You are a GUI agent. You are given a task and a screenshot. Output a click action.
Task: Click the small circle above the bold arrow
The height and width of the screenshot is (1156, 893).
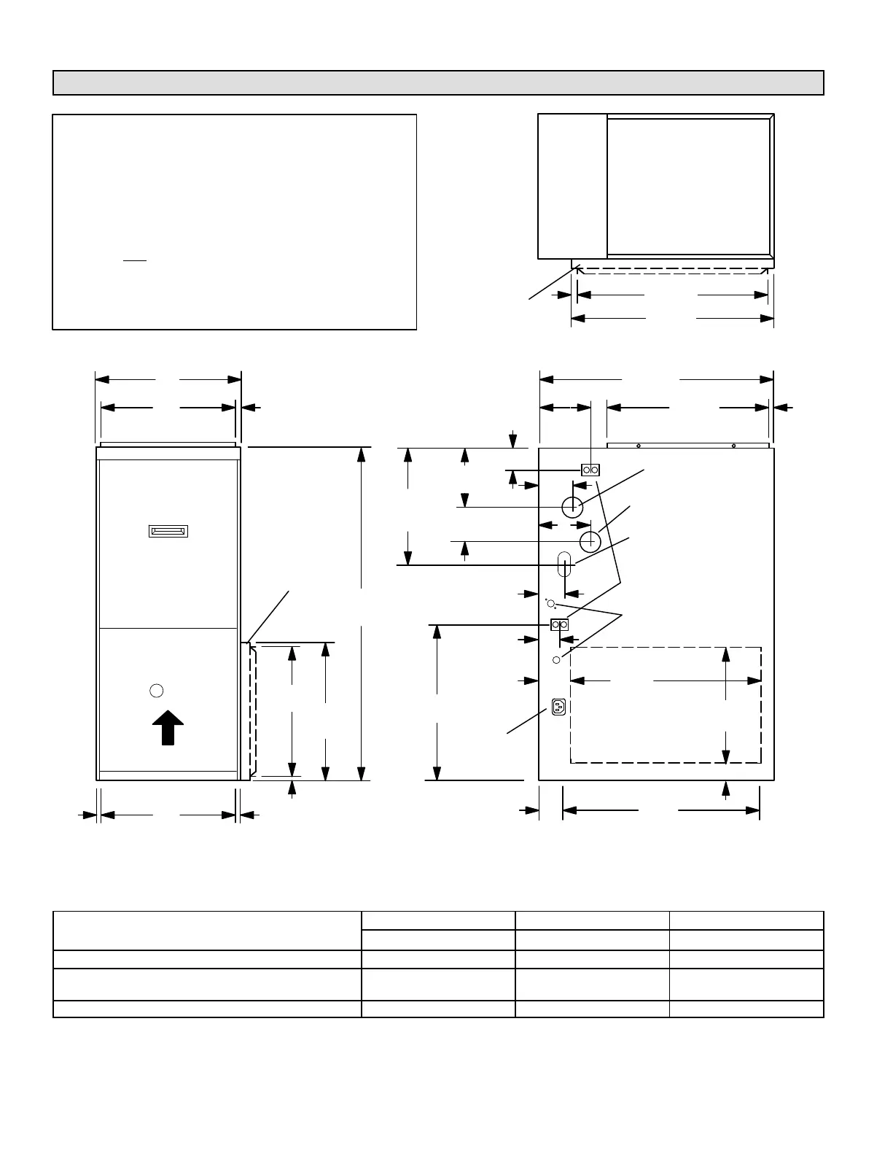coord(156,690)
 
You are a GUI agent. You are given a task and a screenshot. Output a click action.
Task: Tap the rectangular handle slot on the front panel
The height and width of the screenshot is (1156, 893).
coord(168,531)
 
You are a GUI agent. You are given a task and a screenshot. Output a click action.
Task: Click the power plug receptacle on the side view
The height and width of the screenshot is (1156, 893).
coord(559,707)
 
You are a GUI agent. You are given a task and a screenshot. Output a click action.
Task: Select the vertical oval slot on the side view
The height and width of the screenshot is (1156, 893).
coord(564,563)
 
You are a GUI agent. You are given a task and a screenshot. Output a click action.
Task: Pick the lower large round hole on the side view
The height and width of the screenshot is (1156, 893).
coord(590,541)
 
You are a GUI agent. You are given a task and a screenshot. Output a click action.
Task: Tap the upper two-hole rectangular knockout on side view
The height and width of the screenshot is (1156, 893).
coord(590,470)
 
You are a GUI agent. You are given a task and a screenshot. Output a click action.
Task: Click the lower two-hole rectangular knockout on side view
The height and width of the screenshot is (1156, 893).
coord(559,625)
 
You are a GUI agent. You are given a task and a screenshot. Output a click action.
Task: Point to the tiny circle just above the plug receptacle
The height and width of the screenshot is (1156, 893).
coord(557,659)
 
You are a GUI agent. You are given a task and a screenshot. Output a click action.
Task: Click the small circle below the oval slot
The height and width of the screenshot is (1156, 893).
coord(551,603)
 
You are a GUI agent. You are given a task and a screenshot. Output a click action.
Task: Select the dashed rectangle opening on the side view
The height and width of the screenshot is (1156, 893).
coord(666,705)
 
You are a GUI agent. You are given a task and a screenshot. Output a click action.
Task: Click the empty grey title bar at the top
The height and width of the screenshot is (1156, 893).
coord(438,83)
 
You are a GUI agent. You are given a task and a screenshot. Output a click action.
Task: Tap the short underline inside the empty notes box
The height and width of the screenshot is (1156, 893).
coord(135,260)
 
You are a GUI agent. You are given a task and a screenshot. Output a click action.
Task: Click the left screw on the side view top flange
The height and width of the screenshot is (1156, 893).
coord(638,446)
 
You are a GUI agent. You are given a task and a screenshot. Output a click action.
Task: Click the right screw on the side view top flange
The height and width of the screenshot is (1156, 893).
coord(733,446)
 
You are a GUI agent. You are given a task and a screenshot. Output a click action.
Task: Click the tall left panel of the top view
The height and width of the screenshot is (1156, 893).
coord(572,186)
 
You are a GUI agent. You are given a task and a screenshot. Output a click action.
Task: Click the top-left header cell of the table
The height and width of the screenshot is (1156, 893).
coord(207,931)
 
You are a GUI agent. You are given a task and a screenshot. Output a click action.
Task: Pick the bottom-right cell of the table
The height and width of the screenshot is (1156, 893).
coord(746,1009)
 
